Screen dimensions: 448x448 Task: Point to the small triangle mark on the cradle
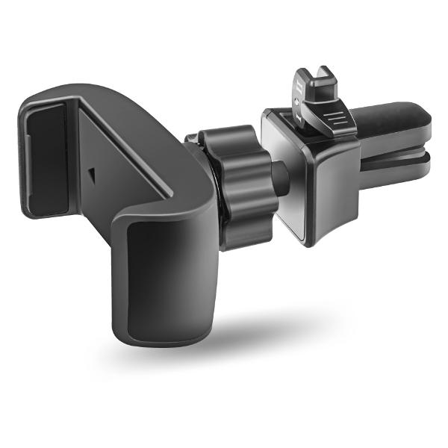[90, 174]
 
